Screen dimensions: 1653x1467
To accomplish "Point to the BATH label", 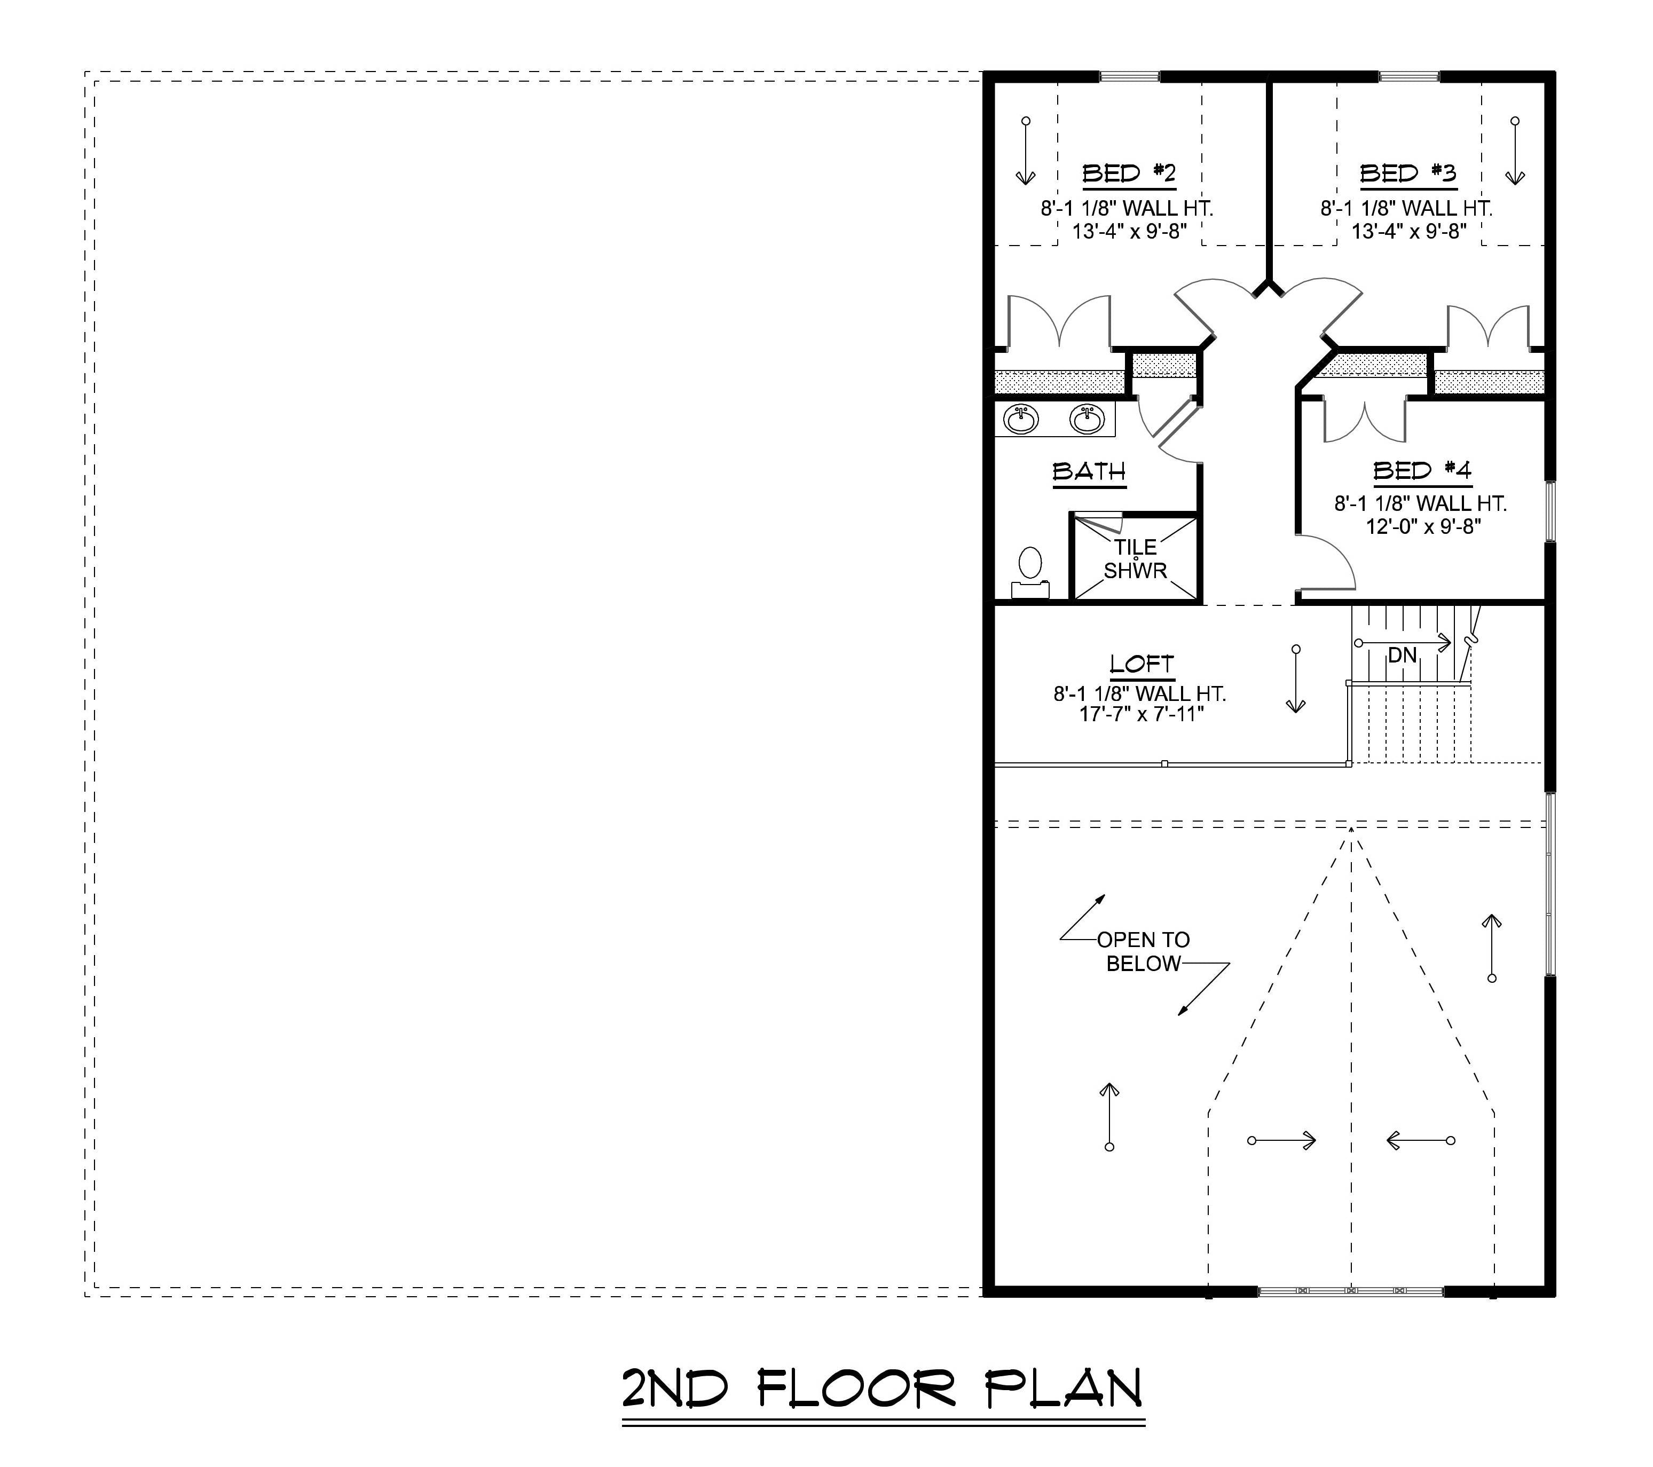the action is click(x=1089, y=471).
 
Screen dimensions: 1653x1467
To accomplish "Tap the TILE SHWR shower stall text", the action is click(x=1136, y=559).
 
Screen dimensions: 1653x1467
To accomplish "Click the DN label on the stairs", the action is click(x=1402, y=655).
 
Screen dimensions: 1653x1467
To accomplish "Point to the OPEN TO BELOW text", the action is click(x=1143, y=951).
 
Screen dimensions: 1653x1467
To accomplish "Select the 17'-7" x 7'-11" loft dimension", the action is click(x=1141, y=714).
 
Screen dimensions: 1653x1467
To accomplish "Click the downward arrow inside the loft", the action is click(x=1296, y=680).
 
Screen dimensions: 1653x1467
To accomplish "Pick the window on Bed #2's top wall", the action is click(x=1129, y=77).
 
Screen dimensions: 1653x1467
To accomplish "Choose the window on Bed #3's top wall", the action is click(x=1409, y=77).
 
